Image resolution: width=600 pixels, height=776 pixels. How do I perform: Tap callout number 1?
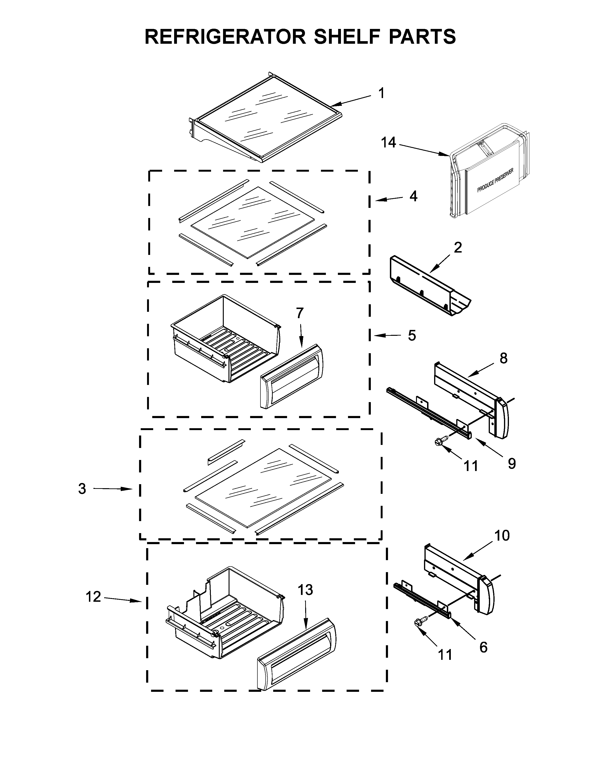(x=381, y=93)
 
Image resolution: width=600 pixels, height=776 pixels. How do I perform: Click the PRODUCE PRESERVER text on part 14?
(x=495, y=181)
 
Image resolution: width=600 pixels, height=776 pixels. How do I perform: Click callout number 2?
(x=458, y=248)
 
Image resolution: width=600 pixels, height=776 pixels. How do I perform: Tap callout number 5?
(x=412, y=335)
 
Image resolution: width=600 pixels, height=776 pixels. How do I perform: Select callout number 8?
(x=503, y=359)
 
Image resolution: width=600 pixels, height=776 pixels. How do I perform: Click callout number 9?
(x=512, y=463)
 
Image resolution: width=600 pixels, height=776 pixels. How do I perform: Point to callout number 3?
(x=82, y=489)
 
